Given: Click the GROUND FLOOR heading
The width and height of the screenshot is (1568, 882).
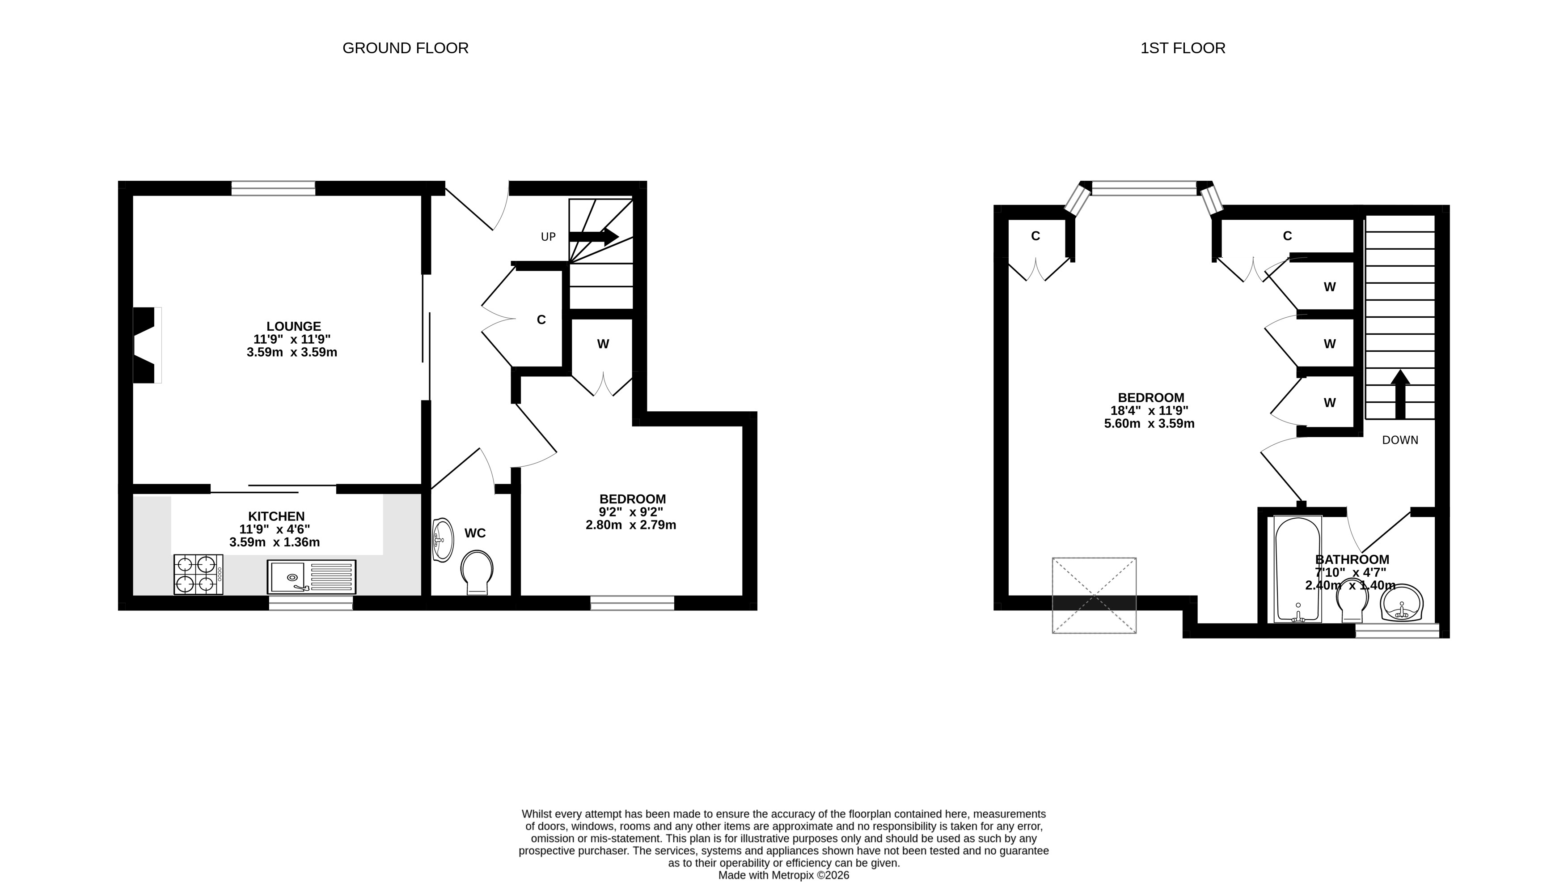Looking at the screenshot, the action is pos(406,48).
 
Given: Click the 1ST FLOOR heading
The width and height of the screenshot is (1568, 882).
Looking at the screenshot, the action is pos(1183,48).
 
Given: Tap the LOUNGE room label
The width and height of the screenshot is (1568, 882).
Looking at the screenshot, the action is pos(293,327).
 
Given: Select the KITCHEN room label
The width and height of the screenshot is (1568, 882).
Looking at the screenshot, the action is pos(276,516).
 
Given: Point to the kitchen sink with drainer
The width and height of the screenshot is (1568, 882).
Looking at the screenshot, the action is pos(312,577).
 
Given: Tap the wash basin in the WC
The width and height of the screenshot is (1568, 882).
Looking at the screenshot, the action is pos(443,540).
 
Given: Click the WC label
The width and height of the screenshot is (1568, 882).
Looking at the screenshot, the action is pos(475,533).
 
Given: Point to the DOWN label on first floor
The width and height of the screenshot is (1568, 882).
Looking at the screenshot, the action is pos(1400,440).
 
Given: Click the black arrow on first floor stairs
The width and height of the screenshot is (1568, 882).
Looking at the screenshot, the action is pos(1400,394).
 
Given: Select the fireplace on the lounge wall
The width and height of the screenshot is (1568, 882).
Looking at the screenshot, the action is pos(147,345).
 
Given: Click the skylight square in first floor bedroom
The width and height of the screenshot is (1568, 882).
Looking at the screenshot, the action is pos(1094,595).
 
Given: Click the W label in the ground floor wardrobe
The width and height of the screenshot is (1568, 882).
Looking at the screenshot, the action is pos(603,344).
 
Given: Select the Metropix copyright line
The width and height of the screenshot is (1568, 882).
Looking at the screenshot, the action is pos(783,875).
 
